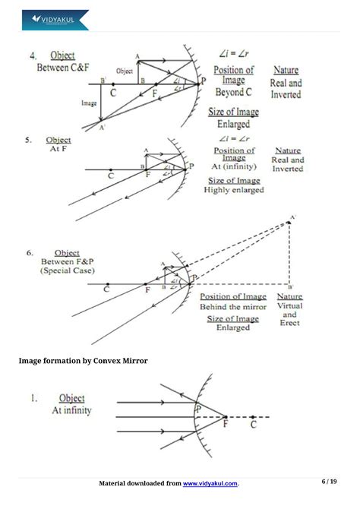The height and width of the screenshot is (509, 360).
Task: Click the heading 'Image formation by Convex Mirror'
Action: (83, 360)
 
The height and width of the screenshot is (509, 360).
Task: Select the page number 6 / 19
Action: (329, 482)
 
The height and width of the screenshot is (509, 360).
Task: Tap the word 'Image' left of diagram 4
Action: (89, 102)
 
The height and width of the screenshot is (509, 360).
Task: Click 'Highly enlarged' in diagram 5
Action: (234, 190)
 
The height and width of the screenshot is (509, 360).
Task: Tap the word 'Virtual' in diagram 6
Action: (289, 305)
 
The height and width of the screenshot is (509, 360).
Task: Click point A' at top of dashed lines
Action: (290, 218)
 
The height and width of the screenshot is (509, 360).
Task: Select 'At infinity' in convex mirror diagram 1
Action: (71, 410)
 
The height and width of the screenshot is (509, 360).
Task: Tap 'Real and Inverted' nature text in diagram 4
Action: (286, 89)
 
